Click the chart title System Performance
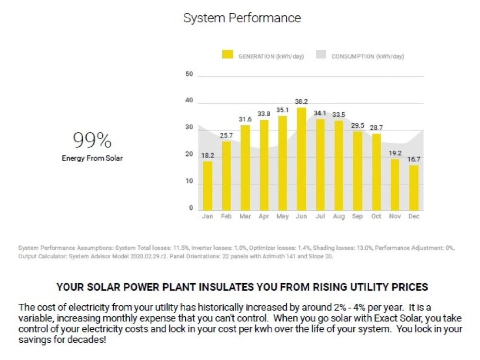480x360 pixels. coord(242,18)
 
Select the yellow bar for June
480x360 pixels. coord(301,159)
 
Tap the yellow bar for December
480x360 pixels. coord(414,188)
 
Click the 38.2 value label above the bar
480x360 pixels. coord(301,102)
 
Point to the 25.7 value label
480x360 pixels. coord(226,136)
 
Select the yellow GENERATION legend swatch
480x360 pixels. coord(227,55)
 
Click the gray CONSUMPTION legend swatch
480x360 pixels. coord(321,55)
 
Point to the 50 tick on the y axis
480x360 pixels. coord(189,74)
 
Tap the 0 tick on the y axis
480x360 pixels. coord(191,208)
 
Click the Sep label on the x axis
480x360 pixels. coord(357,217)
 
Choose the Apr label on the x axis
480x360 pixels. coord(264,217)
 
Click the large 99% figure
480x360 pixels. coord(92,140)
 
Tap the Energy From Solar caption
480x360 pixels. coord(92,158)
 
